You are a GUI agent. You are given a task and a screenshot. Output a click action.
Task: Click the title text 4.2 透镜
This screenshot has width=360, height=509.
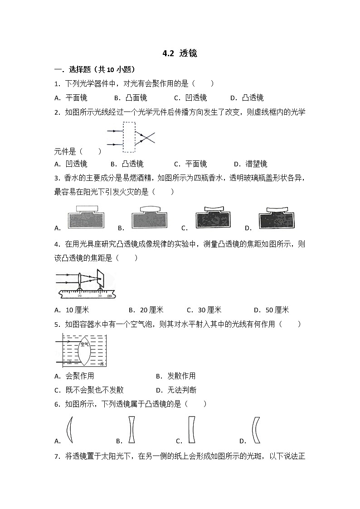[180, 53]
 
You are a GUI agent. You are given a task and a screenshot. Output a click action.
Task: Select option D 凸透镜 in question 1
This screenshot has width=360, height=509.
[247, 97]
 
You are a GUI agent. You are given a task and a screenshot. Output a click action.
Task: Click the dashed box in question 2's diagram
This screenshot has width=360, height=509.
[129, 137]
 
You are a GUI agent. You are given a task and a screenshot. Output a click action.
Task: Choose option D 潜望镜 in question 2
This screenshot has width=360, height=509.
[251, 164]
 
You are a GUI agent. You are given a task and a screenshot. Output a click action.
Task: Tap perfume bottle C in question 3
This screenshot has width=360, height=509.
[212, 218]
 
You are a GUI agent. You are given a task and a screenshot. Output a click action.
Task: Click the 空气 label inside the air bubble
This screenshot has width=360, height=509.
[71, 344]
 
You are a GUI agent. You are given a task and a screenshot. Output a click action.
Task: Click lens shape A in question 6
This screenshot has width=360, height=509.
[70, 430]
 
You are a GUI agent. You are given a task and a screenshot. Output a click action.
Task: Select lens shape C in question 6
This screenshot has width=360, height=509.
[191, 430]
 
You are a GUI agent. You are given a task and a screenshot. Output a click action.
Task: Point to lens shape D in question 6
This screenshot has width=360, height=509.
[255, 430]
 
